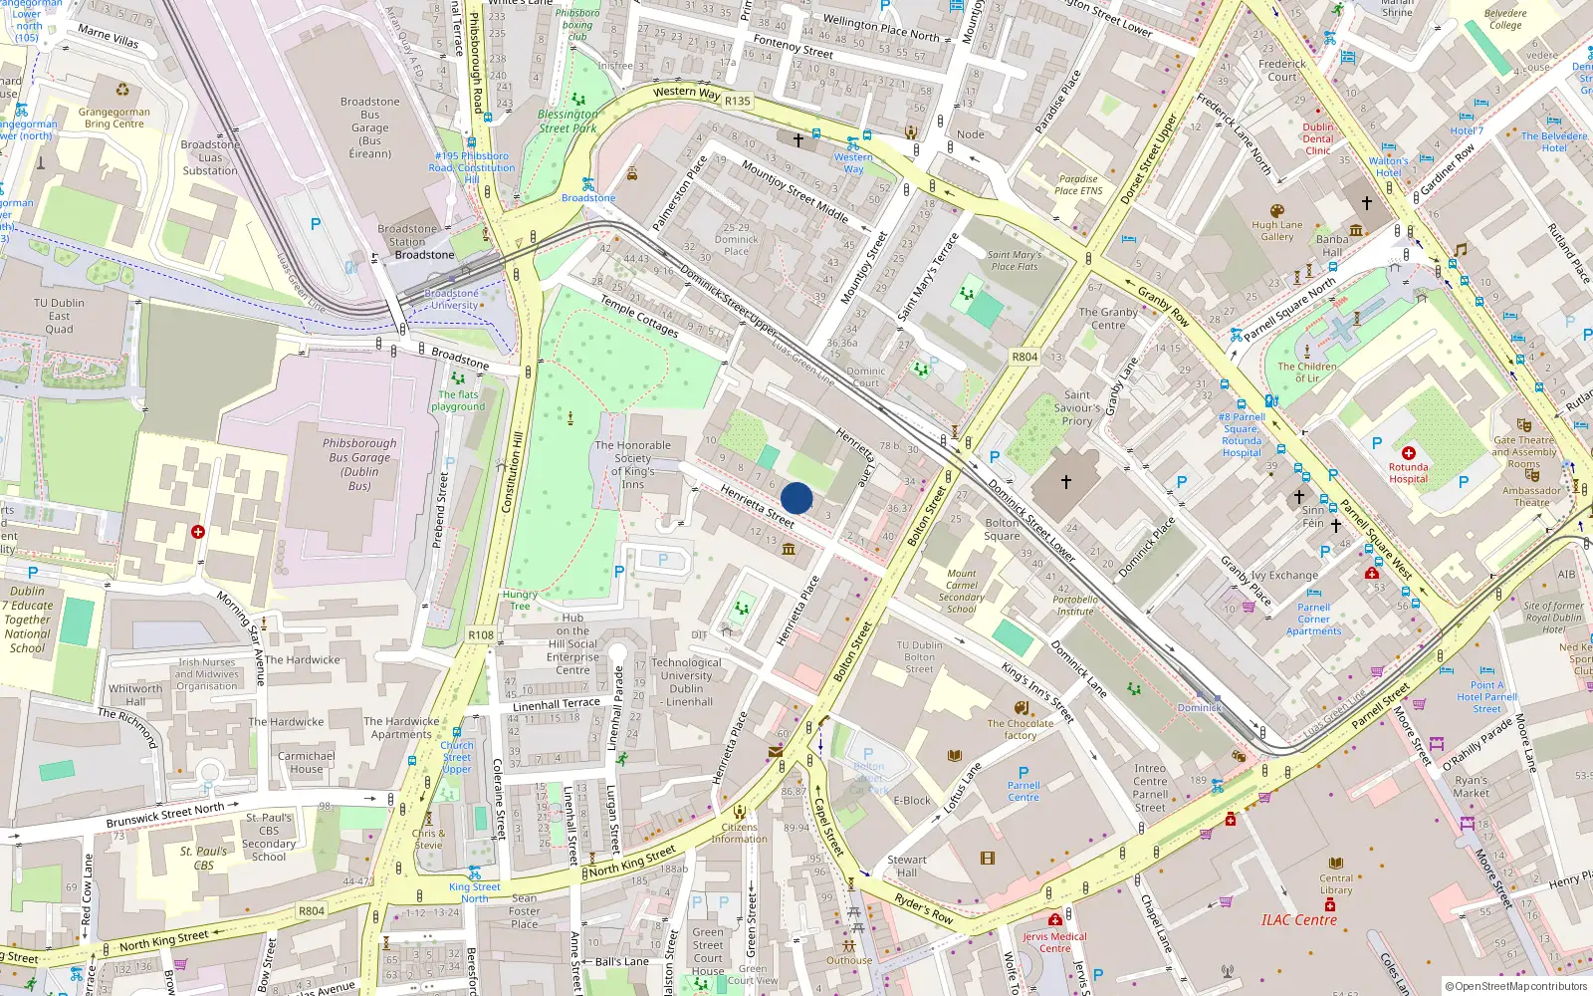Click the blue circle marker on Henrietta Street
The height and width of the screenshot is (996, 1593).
pyautogui.click(x=796, y=498)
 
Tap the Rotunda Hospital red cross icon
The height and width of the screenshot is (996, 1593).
pyautogui.click(x=1409, y=453)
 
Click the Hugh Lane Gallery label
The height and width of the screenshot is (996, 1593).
pyautogui.click(x=1277, y=231)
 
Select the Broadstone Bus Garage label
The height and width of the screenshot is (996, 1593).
pyautogui.click(x=369, y=127)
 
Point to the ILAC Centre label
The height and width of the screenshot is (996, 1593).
pyautogui.click(x=1299, y=920)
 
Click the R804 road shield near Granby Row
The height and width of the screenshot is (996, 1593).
pyautogui.click(x=1024, y=357)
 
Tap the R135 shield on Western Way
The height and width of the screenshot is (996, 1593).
pyautogui.click(x=738, y=101)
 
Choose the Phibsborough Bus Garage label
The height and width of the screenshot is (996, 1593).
pyautogui.click(x=359, y=464)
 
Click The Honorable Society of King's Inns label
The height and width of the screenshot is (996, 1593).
pyautogui.click(x=633, y=465)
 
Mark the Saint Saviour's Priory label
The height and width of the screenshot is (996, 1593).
pyautogui.click(x=1077, y=407)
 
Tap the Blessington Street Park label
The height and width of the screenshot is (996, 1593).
pyautogui.click(x=568, y=122)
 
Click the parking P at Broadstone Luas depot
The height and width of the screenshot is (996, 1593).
pyautogui.click(x=316, y=224)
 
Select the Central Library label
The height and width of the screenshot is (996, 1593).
pyautogui.click(x=1336, y=884)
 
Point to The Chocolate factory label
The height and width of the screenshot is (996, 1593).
pyautogui.click(x=1020, y=729)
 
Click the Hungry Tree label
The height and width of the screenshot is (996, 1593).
pyautogui.click(x=520, y=600)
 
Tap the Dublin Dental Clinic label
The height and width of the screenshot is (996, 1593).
pyautogui.click(x=1318, y=138)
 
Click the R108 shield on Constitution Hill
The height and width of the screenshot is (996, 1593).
pyautogui.click(x=481, y=634)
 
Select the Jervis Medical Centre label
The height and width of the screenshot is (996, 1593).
pyautogui.click(x=1054, y=942)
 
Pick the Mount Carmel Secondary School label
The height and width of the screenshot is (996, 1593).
pyautogui.click(x=962, y=591)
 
